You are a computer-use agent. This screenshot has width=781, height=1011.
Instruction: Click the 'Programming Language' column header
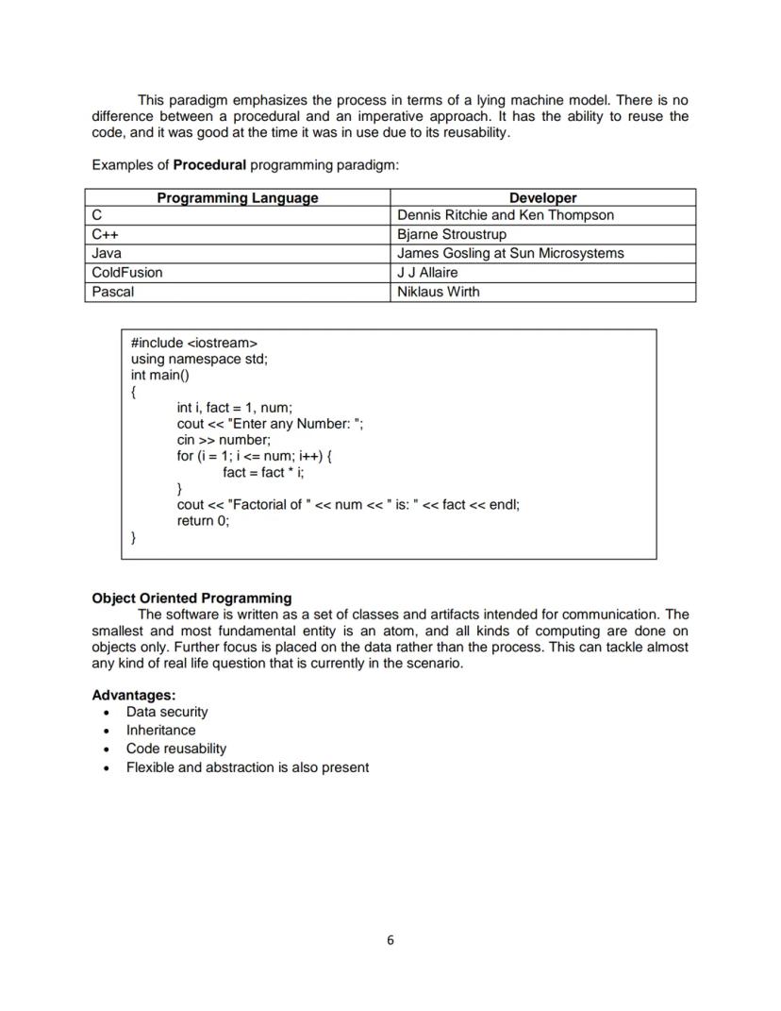(x=237, y=198)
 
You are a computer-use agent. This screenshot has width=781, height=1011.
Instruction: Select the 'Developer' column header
(x=542, y=198)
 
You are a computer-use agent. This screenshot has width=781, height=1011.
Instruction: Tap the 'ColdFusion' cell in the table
(x=127, y=273)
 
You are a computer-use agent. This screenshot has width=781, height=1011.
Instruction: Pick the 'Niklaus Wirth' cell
(x=439, y=292)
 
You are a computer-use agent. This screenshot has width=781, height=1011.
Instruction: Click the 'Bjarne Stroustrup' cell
(x=452, y=234)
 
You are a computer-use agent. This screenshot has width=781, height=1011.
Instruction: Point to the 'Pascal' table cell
(x=113, y=292)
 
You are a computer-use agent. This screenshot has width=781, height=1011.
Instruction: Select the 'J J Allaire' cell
(x=427, y=273)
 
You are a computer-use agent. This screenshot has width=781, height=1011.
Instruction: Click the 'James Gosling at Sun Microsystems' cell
(x=510, y=253)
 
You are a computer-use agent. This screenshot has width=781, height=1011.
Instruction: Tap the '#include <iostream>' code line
(x=193, y=343)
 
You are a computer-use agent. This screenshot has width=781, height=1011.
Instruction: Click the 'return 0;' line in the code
(x=203, y=520)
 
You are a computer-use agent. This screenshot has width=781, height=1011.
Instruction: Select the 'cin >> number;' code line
(x=224, y=440)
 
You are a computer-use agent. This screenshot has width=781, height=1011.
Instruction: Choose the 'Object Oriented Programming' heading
(x=191, y=598)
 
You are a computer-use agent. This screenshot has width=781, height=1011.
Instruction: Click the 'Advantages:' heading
(x=134, y=695)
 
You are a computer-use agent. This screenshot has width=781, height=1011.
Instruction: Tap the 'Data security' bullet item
(x=167, y=712)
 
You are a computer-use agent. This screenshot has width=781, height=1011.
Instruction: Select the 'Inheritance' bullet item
(x=161, y=730)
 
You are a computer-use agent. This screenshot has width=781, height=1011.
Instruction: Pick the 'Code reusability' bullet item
(x=176, y=749)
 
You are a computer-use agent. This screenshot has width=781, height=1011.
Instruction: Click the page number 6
(x=390, y=940)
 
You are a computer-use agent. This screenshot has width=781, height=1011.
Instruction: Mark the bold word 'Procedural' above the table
(x=209, y=165)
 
